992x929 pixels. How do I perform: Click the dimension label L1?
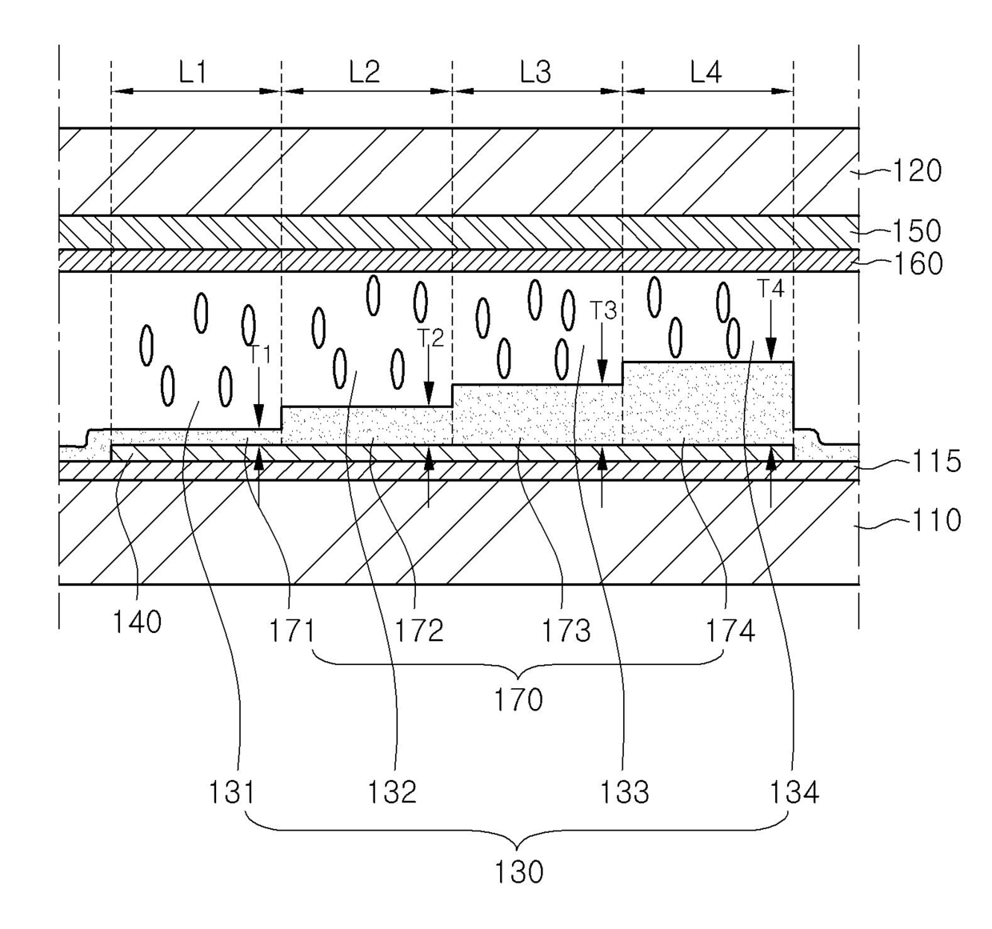(x=193, y=73)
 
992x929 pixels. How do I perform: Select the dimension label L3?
(x=535, y=73)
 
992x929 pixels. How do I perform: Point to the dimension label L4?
(x=706, y=72)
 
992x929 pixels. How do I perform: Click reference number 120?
(x=917, y=171)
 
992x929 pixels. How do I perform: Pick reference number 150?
(x=917, y=231)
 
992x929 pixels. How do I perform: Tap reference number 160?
(x=918, y=263)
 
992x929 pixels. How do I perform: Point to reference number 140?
(x=137, y=623)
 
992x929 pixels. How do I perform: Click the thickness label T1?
(x=260, y=355)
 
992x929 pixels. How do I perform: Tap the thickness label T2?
(x=430, y=338)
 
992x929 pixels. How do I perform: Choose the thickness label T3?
(x=603, y=310)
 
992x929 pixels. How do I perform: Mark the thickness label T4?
(x=770, y=289)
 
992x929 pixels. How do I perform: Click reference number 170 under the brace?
(x=518, y=700)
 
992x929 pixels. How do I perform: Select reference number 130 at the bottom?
(x=518, y=872)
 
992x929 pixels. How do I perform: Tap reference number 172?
(x=418, y=631)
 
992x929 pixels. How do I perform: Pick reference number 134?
(x=794, y=793)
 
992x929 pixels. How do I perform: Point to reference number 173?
(x=566, y=631)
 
